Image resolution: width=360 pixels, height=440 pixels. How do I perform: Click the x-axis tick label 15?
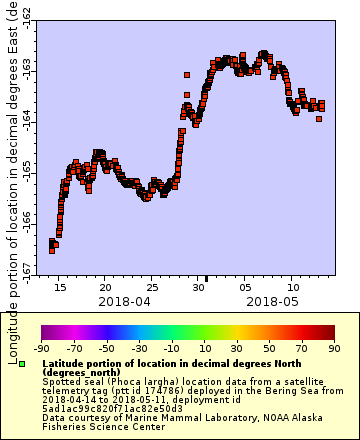click(x=62, y=287)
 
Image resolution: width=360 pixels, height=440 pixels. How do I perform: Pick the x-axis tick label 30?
click(x=199, y=287)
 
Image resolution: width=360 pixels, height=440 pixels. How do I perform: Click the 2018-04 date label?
click(x=124, y=300)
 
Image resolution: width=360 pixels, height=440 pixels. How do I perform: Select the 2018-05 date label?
click(x=272, y=300)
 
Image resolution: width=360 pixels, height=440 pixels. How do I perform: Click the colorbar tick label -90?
click(x=41, y=348)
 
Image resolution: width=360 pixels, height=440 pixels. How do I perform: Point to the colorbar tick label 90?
click(x=333, y=348)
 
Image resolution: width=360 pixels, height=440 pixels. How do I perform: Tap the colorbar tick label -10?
click(x=171, y=348)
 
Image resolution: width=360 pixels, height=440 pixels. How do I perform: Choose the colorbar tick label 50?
click(x=269, y=348)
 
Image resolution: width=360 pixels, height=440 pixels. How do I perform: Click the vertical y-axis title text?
click(x=12, y=180)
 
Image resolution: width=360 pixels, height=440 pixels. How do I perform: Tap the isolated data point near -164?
click(x=318, y=119)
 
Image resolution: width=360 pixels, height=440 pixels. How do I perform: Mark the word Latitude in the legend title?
click(x=65, y=362)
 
